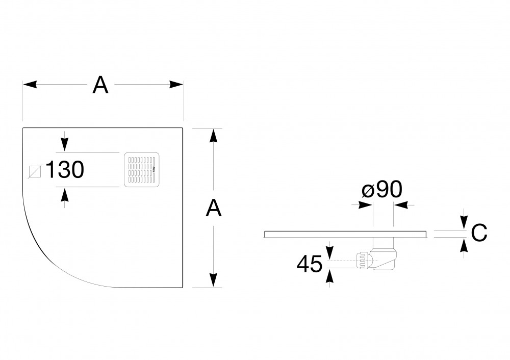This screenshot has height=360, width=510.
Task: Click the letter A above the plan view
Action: pos(100,85)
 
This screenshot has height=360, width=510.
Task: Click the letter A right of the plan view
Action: pos(214,208)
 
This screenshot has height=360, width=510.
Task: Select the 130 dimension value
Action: pos(65,170)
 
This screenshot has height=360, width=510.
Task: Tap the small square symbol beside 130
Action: pos(35,171)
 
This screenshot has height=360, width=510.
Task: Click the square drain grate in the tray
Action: pos(142,170)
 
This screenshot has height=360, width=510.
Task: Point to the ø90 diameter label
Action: pos(382,189)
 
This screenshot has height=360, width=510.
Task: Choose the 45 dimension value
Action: pos(310,264)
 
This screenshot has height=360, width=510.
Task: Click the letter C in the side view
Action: pos(479,233)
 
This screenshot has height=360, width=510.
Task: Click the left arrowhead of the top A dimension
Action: pos(30,85)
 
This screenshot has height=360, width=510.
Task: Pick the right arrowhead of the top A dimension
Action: pos(176,85)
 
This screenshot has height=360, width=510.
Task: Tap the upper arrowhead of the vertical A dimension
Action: pos(213,135)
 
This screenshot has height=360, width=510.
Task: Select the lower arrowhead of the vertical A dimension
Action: pos(213,280)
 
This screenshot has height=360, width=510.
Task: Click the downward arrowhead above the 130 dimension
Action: pos(65,145)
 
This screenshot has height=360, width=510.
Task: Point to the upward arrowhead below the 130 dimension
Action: pos(65,195)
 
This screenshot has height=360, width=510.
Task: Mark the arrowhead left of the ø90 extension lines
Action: pos(365,205)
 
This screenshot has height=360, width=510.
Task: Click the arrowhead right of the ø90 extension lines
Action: pos(401,205)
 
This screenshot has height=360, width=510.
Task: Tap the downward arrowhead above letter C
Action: pos(465,223)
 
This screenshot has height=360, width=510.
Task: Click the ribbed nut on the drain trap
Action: pos(363,260)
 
